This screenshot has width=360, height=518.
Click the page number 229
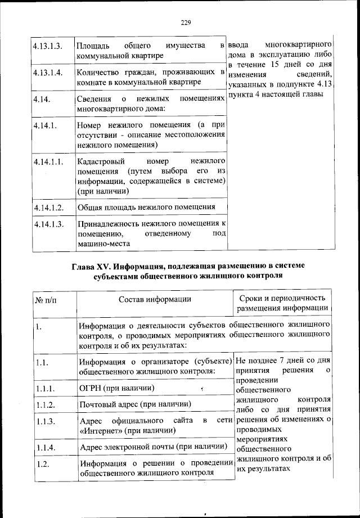coord(186,22)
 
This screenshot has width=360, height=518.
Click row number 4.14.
coord(42,99)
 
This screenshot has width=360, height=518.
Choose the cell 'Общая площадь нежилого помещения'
coord(146,206)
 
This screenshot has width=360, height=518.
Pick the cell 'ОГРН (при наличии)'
coord(117,388)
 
